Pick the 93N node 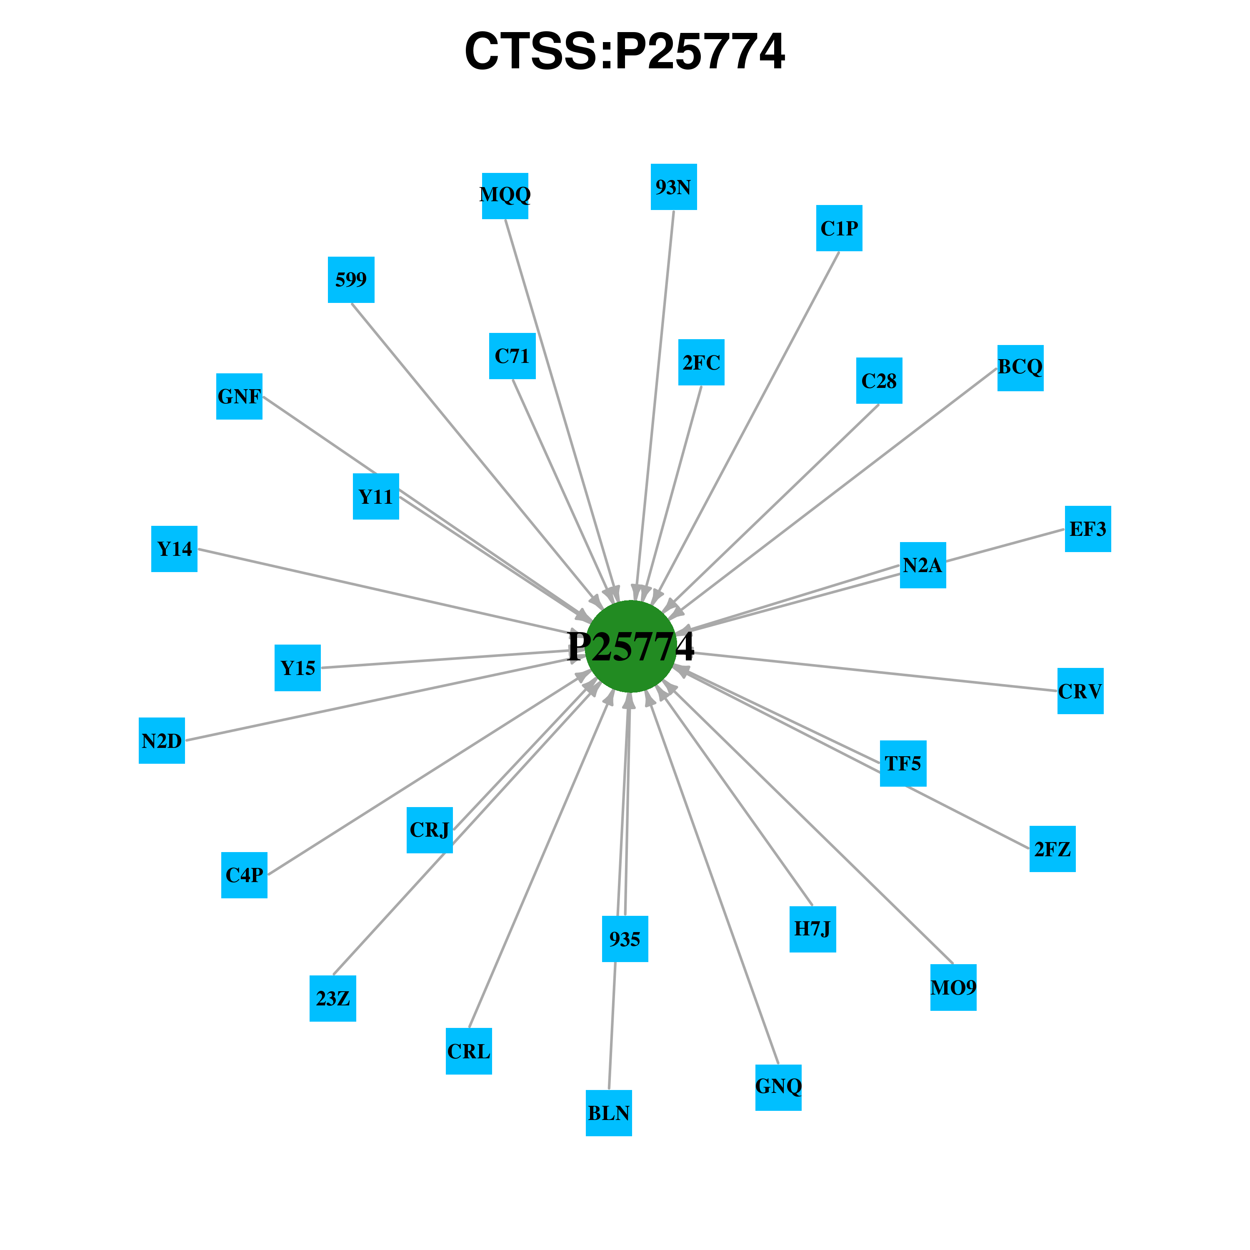click(x=673, y=187)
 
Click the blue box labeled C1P click(x=839, y=228)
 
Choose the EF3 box click(x=1088, y=529)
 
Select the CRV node click(x=1080, y=691)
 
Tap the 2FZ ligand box click(x=1052, y=849)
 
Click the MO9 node click(x=954, y=987)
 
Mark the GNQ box click(x=778, y=1087)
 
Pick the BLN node click(x=609, y=1113)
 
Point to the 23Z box click(x=332, y=998)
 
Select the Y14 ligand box click(x=174, y=549)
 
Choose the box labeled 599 click(x=351, y=280)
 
